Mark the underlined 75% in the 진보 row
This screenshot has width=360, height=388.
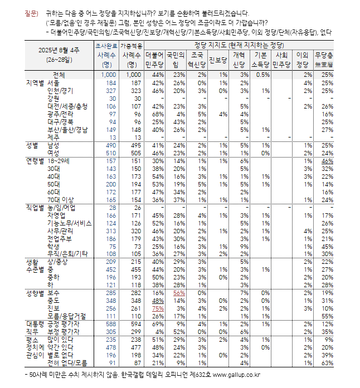click(157, 307)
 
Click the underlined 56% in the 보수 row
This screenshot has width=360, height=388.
click(179, 292)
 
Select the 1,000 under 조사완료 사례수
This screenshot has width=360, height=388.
click(108, 75)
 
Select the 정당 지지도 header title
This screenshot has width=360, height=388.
click(239, 44)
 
